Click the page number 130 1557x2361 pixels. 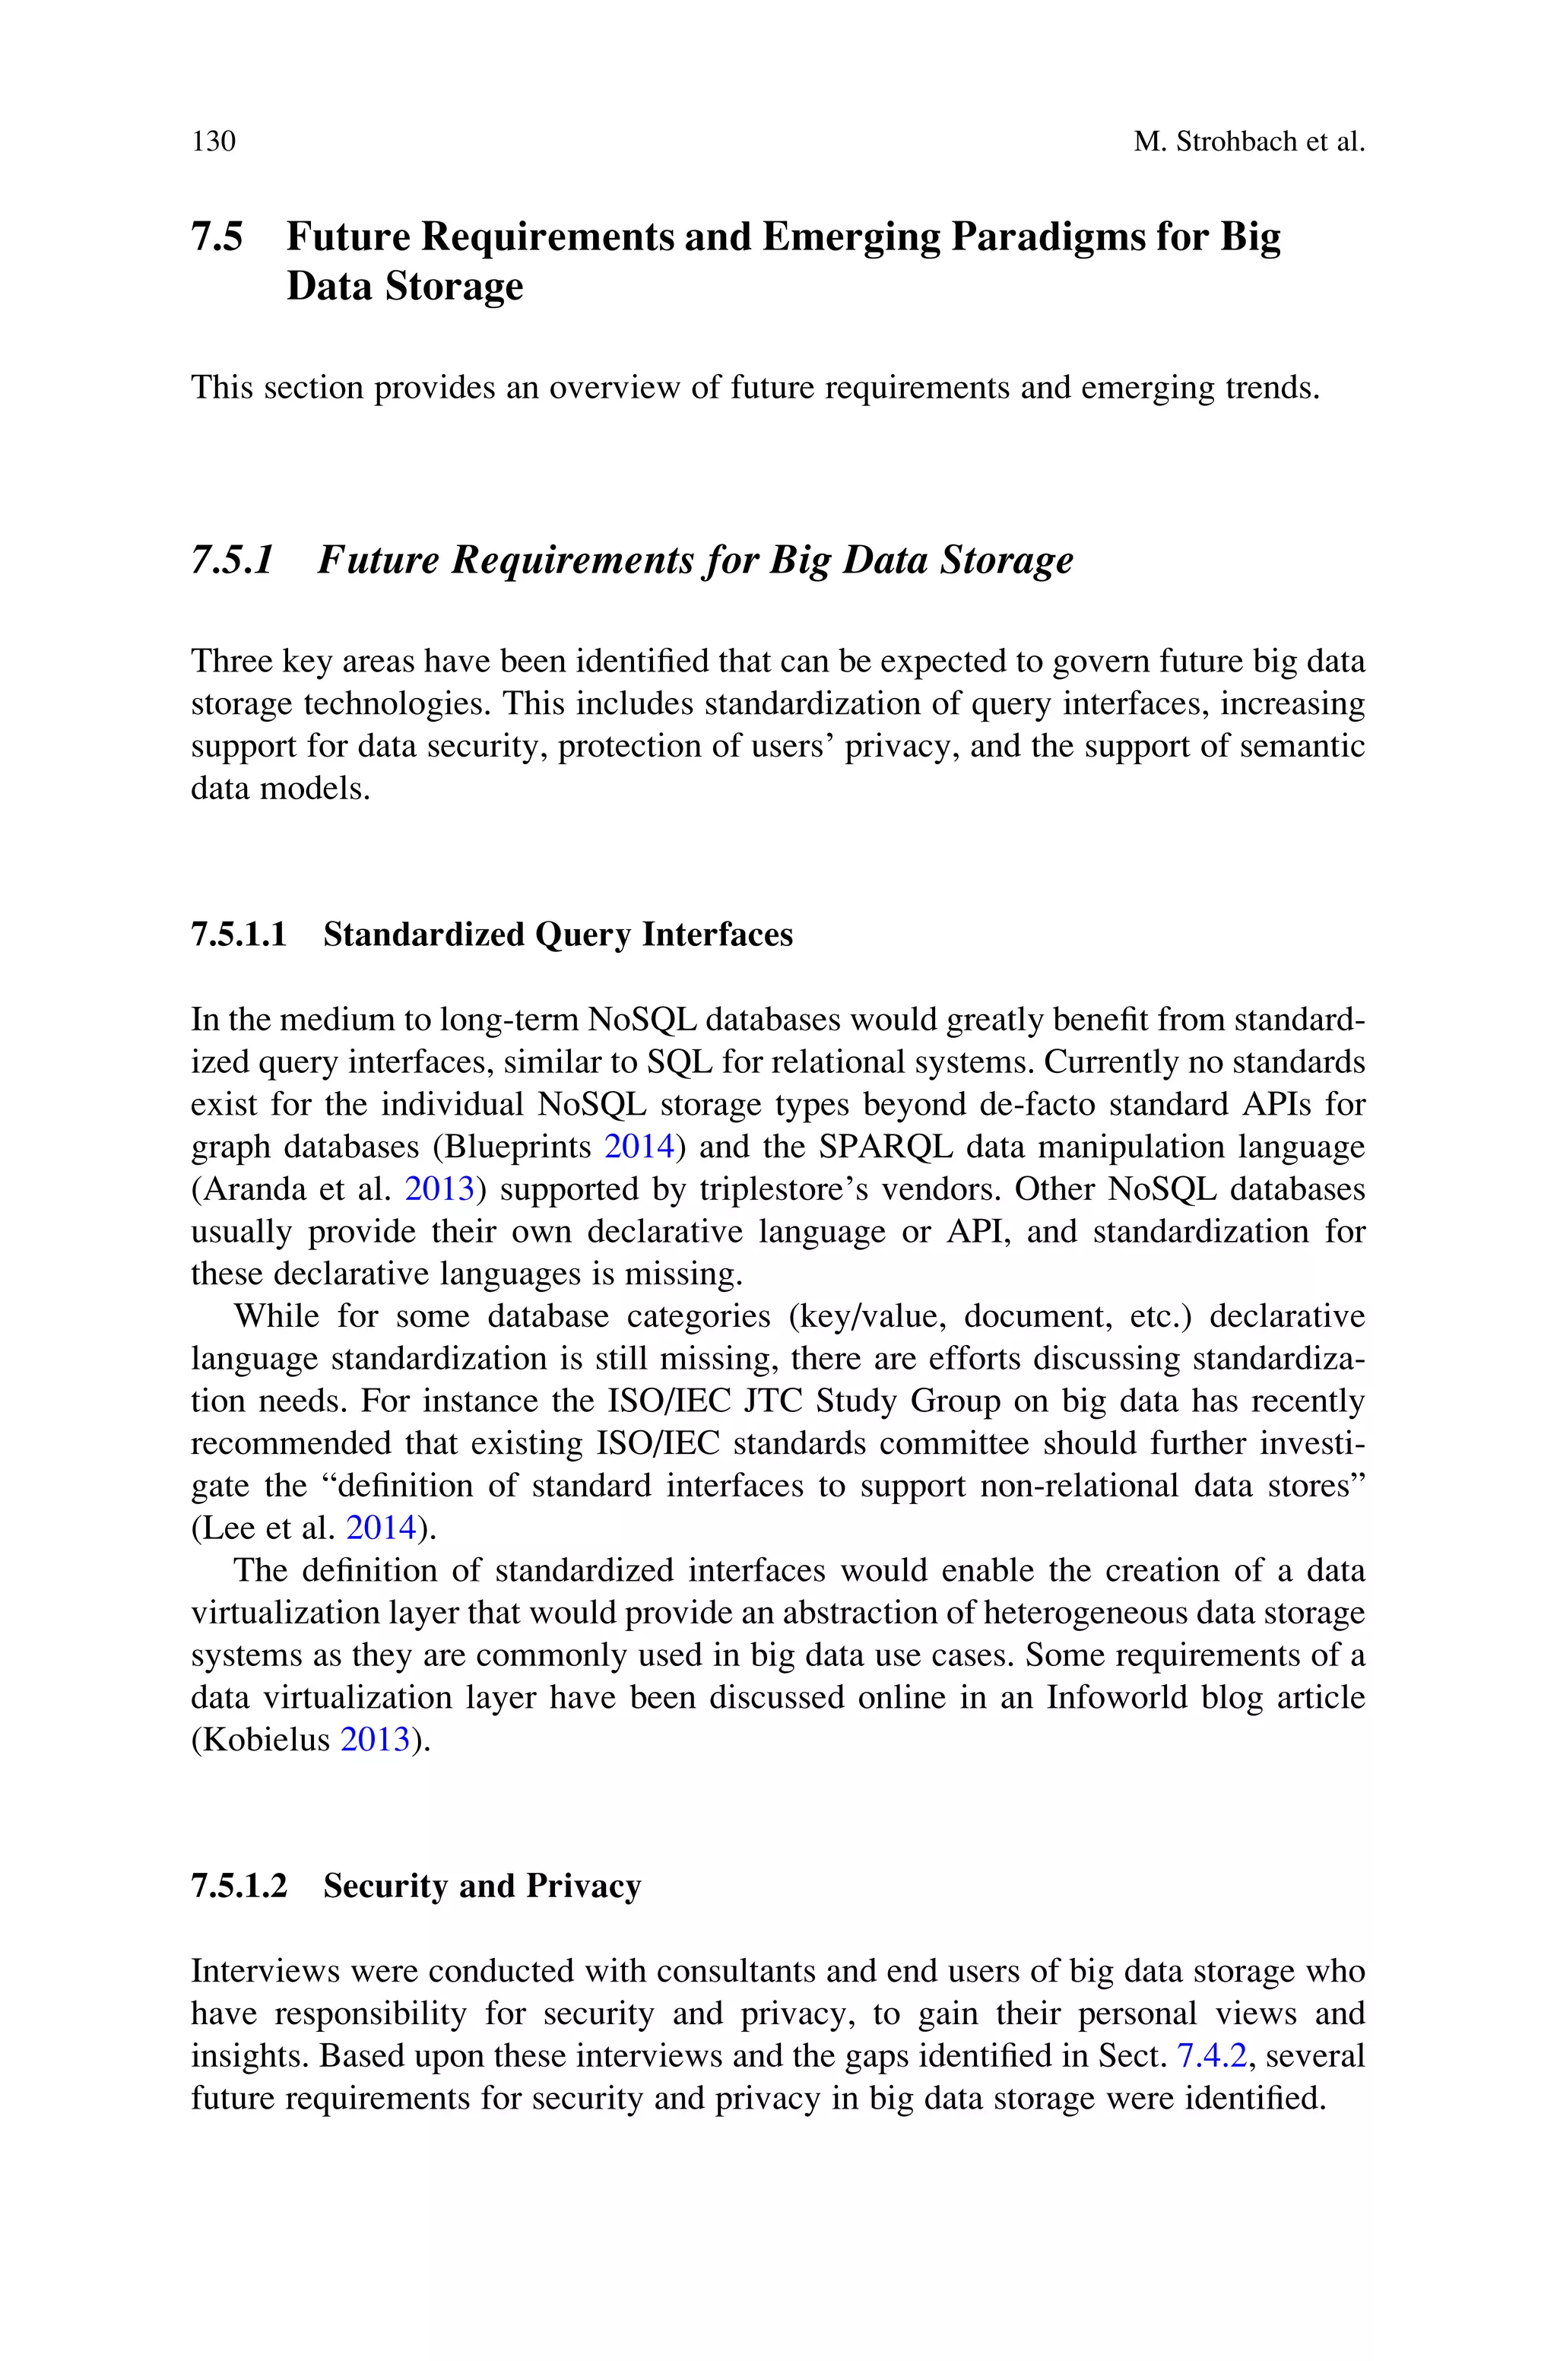point(214,142)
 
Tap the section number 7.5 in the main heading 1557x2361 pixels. point(217,237)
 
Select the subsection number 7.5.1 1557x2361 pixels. point(231,560)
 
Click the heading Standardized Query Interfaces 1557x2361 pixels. point(558,935)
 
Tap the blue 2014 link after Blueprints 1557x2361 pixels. point(639,1147)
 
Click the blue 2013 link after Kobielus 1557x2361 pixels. point(376,1740)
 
